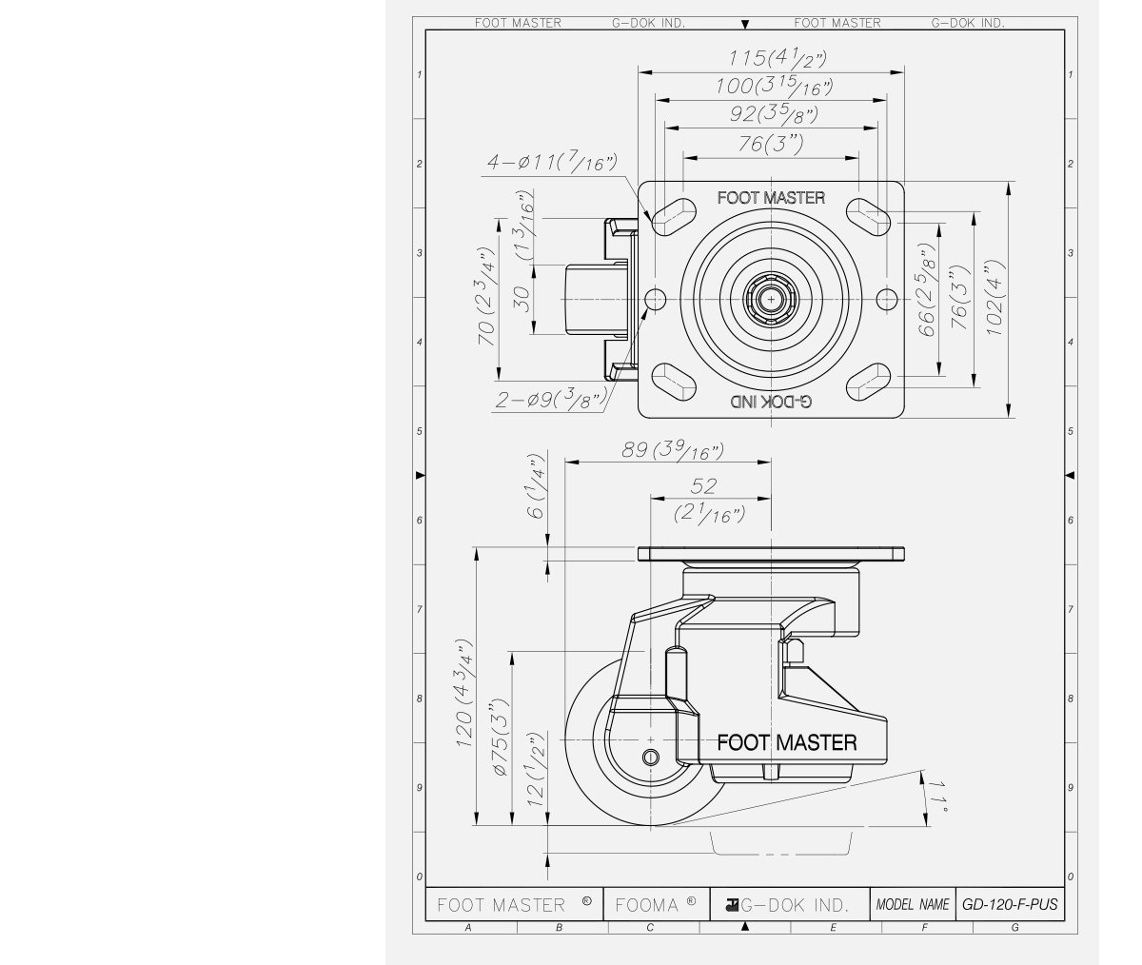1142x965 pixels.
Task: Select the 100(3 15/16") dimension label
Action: (x=772, y=87)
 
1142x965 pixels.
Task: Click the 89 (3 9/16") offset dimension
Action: (x=673, y=450)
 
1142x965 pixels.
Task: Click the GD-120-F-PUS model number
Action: (x=1009, y=904)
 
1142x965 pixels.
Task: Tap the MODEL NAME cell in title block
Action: (x=913, y=904)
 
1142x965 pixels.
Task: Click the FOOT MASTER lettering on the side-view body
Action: (x=786, y=742)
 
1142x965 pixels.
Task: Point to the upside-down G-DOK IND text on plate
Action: (x=771, y=403)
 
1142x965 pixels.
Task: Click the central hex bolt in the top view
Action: (x=770, y=300)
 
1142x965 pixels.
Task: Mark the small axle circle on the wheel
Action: (x=650, y=758)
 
